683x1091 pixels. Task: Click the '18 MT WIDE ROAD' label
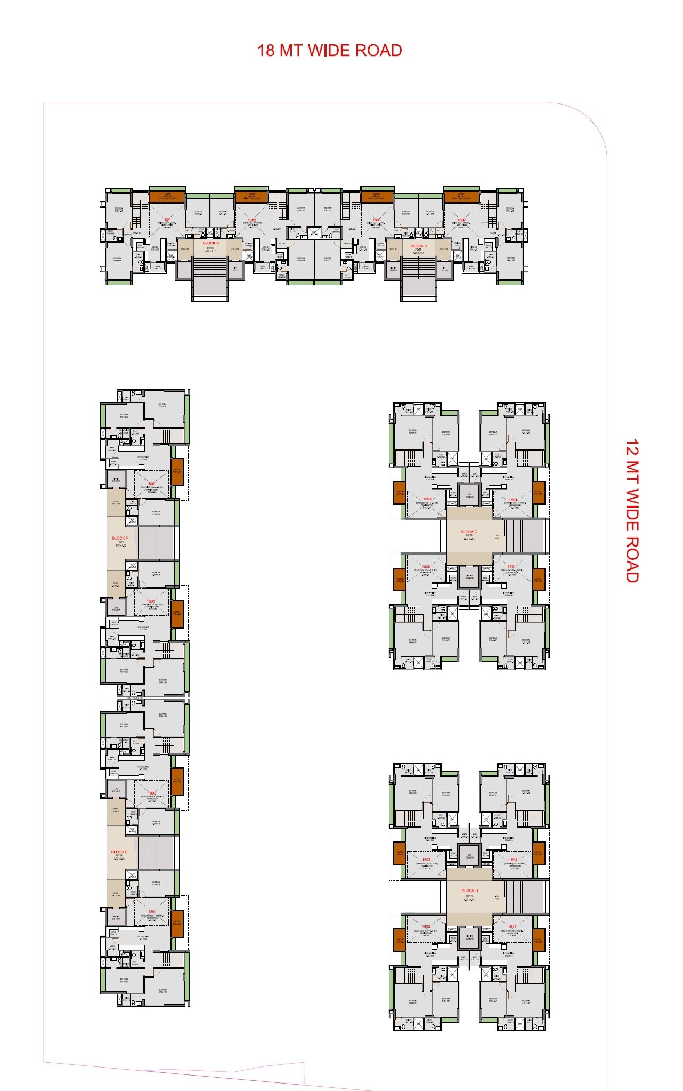pos(329,51)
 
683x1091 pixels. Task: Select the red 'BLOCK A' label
pos(210,243)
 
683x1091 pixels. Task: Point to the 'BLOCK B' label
pos(419,246)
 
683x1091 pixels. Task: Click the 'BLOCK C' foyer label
pos(469,532)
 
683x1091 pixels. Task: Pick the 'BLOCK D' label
pos(469,891)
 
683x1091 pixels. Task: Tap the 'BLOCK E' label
pos(119,852)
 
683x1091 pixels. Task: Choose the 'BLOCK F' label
pos(119,538)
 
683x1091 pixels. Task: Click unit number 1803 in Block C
pos(427,499)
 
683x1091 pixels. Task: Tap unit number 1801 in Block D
pos(513,926)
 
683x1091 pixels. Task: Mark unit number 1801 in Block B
pos(376,220)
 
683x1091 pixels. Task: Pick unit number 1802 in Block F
pos(151,484)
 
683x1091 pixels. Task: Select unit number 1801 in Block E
pos(151,911)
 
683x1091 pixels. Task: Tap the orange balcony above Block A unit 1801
pos(167,196)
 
